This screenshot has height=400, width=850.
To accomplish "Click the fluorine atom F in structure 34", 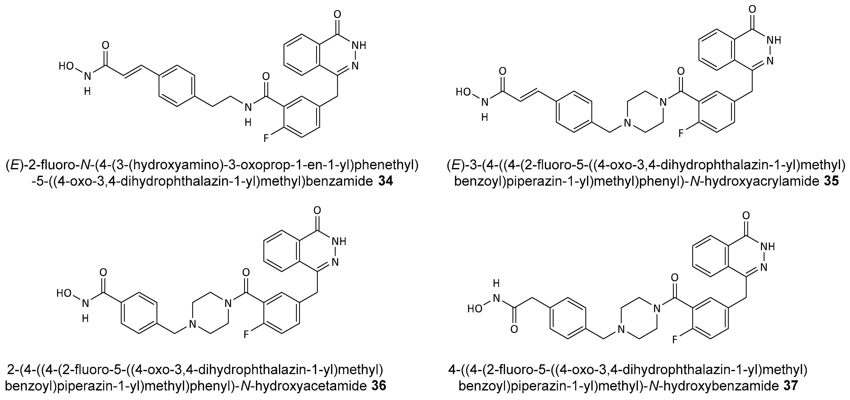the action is (266, 138).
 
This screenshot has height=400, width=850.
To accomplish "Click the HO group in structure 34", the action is (66, 66).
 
